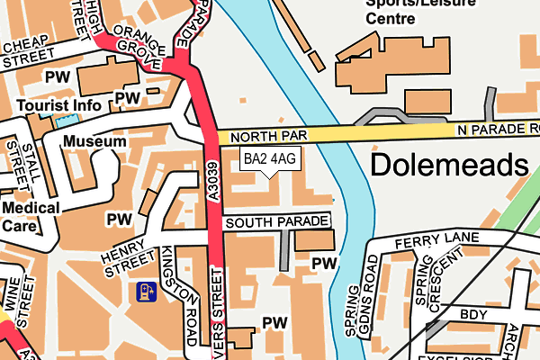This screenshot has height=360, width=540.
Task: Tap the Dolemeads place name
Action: point(448,166)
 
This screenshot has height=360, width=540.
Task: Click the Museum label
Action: point(94,142)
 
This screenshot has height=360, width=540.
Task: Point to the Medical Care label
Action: point(31,216)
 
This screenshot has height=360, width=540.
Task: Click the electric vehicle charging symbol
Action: point(145,291)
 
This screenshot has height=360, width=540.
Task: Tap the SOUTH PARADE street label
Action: point(275,221)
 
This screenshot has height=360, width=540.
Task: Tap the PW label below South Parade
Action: point(323,262)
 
